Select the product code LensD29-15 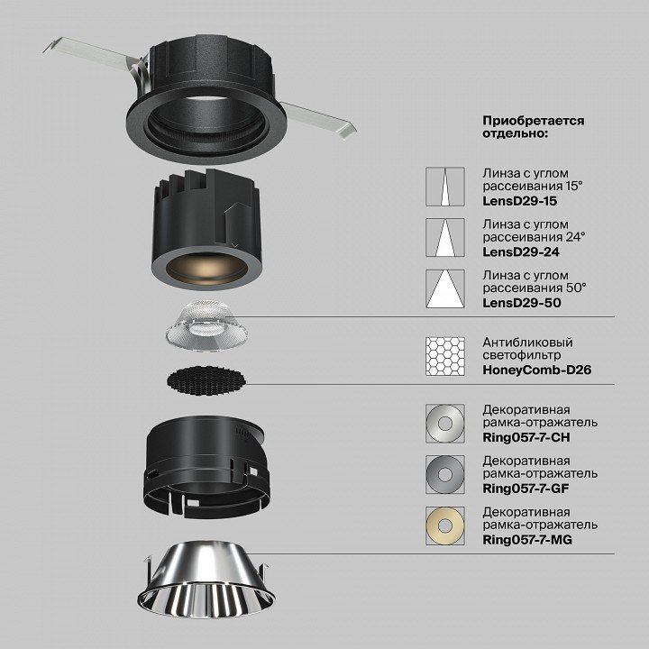tap(520, 201)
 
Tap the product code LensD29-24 tap(521, 251)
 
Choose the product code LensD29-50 tap(522, 303)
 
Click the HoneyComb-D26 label tap(537, 370)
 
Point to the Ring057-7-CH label tap(526, 437)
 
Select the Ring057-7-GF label tap(526, 489)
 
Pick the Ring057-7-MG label tap(527, 540)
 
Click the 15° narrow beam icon tap(445, 187)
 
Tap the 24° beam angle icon tap(445, 238)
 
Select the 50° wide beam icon tap(445, 289)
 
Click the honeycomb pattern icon tap(445, 356)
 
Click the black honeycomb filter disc tap(206, 380)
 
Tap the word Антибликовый tap(527, 343)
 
